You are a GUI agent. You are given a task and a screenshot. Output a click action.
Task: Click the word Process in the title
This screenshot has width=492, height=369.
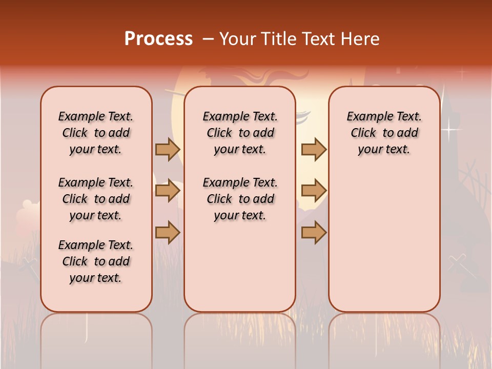click(158, 38)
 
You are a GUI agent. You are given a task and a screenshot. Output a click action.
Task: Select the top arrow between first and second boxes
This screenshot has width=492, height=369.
click(168, 149)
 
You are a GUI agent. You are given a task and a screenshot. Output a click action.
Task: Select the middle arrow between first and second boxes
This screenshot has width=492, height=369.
click(168, 191)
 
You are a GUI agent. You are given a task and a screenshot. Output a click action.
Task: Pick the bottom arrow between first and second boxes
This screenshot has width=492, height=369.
click(168, 233)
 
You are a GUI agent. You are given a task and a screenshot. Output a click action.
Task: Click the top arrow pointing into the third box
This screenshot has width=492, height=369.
click(314, 149)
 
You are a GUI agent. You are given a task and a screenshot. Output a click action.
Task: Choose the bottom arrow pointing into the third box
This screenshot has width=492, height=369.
click(314, 233)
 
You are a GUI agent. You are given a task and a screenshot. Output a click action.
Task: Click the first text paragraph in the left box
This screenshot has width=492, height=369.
click(96, 133)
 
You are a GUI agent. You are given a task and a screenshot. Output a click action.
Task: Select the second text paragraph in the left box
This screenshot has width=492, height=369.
click(96, 199)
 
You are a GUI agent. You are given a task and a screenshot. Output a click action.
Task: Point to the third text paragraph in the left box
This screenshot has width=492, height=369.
click(96, 261)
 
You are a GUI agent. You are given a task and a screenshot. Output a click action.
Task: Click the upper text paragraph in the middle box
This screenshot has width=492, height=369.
click(240, 133)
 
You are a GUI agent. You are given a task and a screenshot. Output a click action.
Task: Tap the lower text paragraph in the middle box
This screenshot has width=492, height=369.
click(240, 199)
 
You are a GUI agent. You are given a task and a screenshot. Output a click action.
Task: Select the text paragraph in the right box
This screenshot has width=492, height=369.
click(384, 133)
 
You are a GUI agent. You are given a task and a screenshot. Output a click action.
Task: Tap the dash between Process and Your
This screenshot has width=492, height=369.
click(208, 39)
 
